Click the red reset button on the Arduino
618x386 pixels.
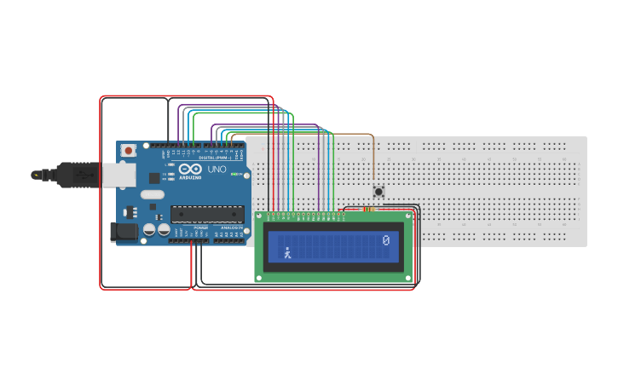pos(128,151)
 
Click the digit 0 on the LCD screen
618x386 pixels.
pos(386,241)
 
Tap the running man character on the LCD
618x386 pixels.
pos(287,252)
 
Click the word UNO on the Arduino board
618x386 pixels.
pos(217,170)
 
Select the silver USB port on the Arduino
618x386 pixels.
pos(118,174)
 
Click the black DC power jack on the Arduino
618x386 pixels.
pos(124,232)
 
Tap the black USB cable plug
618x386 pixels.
pos(77,174)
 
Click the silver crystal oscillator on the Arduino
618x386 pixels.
pos(153,194)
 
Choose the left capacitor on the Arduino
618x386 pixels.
pos(149,230)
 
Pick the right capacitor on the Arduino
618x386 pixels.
pos(162,230)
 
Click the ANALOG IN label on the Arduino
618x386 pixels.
pos(228,228)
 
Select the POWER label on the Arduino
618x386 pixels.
pos(200,228)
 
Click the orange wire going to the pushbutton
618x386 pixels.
pos(373,158)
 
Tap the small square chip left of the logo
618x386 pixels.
pos(154,177)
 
